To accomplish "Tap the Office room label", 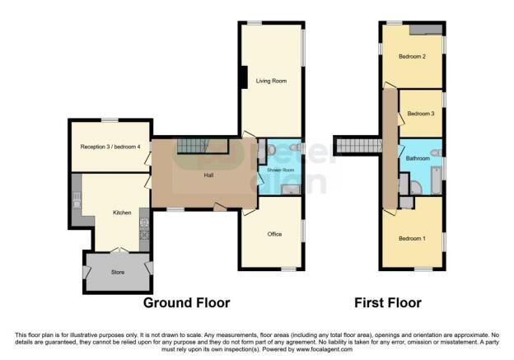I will click(274, 234).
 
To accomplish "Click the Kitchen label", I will click(122, 213).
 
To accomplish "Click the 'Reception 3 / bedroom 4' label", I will click(110, 147).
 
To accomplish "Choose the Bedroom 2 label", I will click(412, 57).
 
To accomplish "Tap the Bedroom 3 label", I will click(420, 113).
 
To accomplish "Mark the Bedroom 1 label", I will click(412, 239).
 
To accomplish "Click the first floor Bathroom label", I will click(418, 157).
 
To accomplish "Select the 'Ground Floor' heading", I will click(187, 303).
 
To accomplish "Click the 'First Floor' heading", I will click(388, 303).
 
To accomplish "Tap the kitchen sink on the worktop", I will click(77, 198).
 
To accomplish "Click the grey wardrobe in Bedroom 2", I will click(427, 30).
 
